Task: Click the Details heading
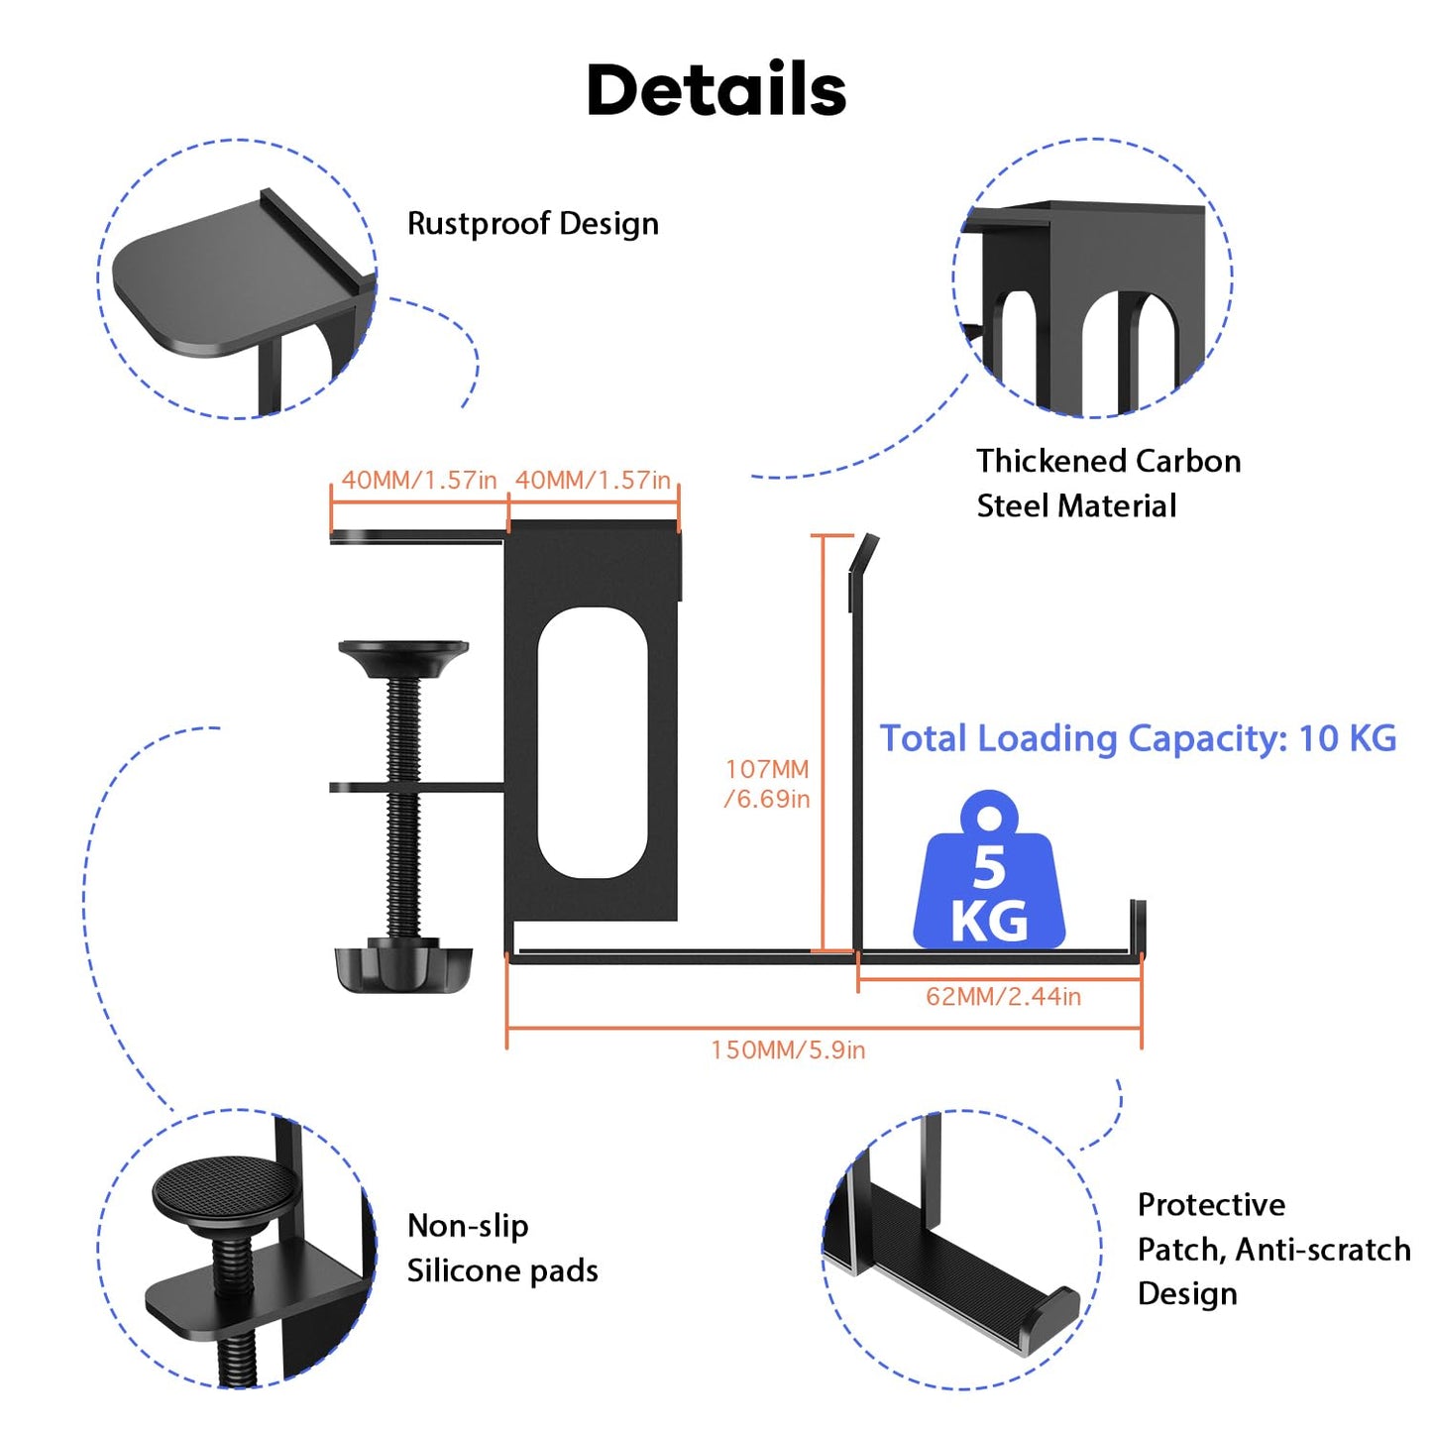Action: point(716,89)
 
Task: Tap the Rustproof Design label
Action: point(533,224)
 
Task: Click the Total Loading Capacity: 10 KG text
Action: point(1138,738)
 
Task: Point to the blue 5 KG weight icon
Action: point(989,870)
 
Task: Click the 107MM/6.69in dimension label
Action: point(767,783)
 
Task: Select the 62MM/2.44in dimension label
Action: point(1003,996)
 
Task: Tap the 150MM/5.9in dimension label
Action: point(788,1050)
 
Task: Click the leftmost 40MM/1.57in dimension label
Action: point(418,480)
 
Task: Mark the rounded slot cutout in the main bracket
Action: point(593,743)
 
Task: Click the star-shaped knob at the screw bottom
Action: point(402,966)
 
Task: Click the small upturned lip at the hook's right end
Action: point(1138,927)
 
